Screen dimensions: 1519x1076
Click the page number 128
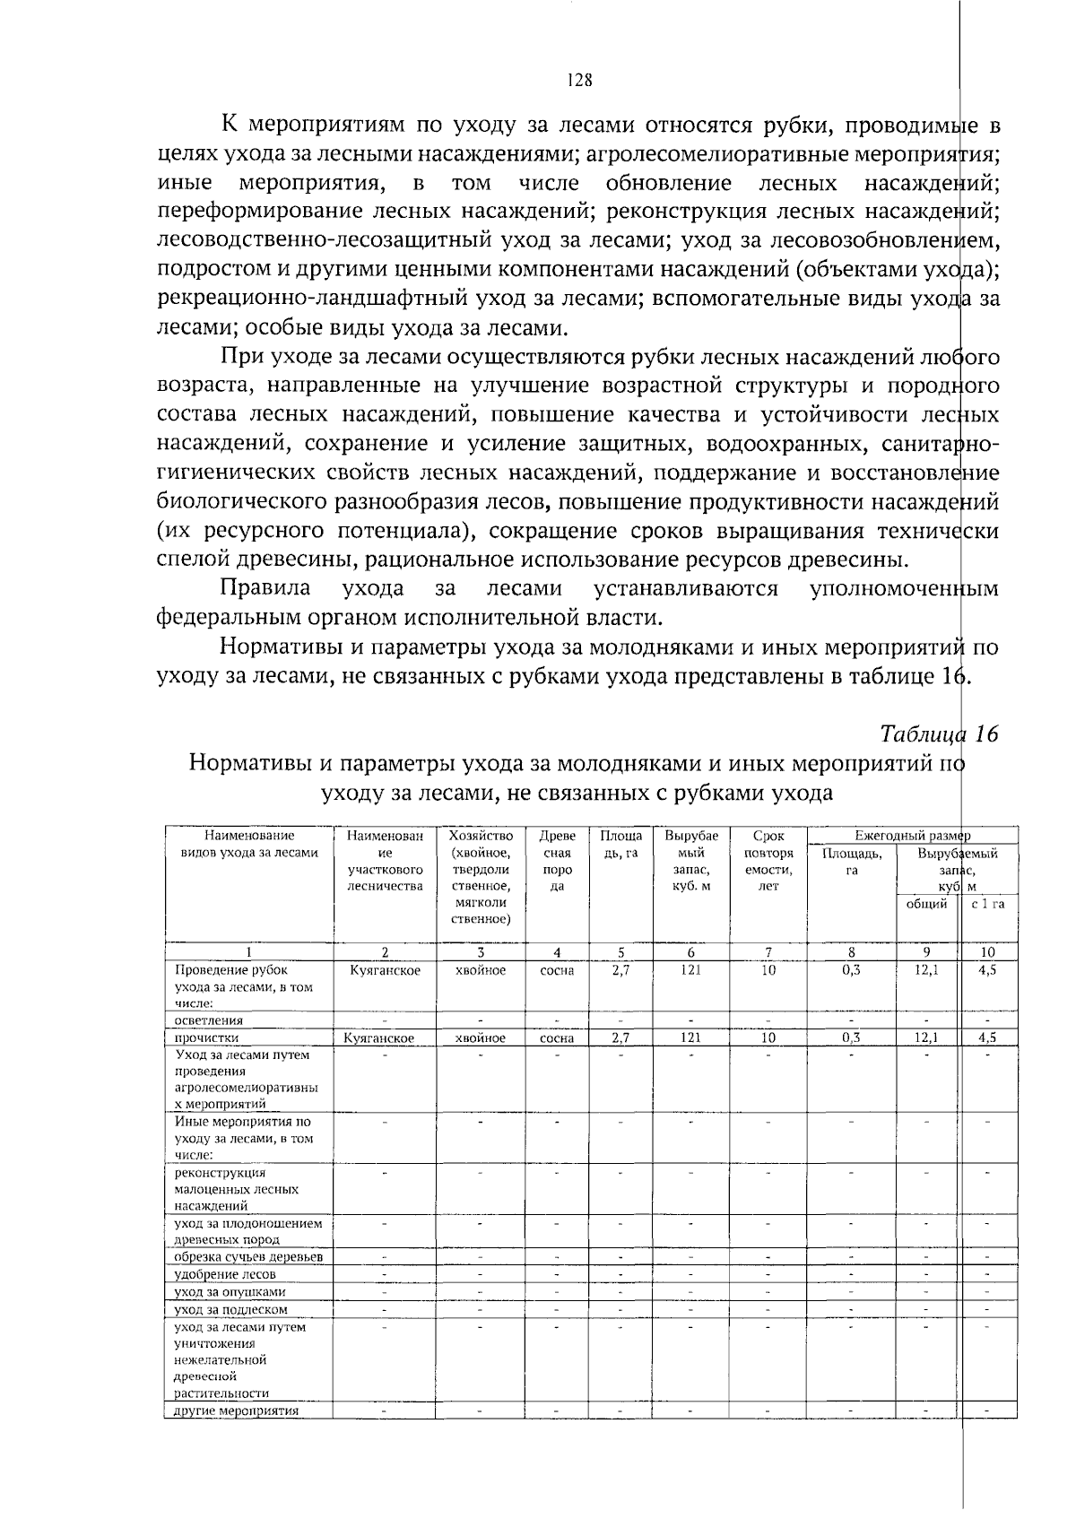580,81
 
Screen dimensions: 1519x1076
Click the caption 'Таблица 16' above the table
939,734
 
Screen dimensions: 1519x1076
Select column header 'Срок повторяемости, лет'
768,861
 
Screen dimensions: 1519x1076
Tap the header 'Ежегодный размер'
912,836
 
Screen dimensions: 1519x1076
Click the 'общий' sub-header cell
926,904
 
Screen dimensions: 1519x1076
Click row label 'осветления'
209,1020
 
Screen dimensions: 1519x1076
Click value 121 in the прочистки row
690,1037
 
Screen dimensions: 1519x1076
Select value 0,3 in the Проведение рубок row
851,970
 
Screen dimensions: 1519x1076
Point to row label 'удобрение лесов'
225,1274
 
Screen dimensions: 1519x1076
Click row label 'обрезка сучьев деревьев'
248,1257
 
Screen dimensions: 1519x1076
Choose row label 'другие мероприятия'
237,1410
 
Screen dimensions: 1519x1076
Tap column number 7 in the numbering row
768,952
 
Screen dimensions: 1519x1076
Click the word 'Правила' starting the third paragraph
266,589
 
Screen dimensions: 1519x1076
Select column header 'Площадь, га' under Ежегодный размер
851,862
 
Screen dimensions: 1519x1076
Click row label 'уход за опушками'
230,1292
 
